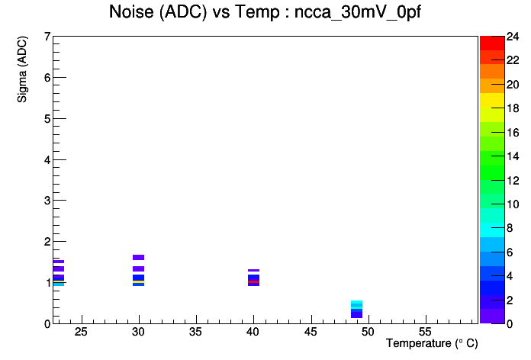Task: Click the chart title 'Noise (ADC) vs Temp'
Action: (194, 12)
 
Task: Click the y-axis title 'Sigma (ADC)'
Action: (22, 69)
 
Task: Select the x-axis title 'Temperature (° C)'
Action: (432, 343)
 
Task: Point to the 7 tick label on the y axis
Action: (47, 37)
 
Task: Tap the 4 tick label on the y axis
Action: (47, 159)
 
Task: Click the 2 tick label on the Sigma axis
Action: (47, 242)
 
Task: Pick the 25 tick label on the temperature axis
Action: (82, 332)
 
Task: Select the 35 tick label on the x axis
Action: (196, 332)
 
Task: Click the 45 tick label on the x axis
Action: (311, 332)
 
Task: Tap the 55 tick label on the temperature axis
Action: (425, 332)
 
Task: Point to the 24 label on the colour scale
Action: (513, 37)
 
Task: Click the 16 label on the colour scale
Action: (513, 133)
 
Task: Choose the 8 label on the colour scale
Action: (510, 228)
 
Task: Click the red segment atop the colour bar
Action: (492, 43)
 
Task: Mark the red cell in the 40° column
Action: (253, 281)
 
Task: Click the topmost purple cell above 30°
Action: (139, 257)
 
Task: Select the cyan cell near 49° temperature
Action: (356, 302)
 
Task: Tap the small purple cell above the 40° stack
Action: (253, 270)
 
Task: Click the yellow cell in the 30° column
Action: (139, 281)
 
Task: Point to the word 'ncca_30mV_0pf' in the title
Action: (358, 13)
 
